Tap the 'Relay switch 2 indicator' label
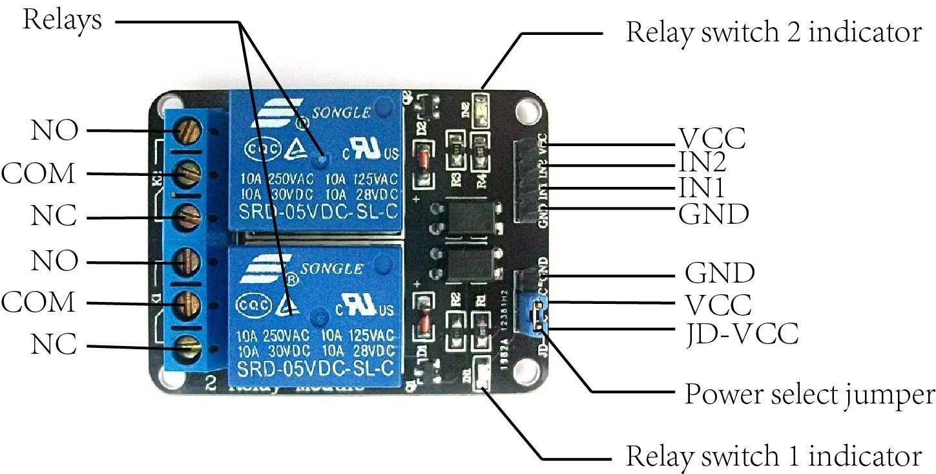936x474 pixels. [x=773, y=32]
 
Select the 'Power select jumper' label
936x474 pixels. [x=809, y=393]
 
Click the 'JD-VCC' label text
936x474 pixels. [x=742, y=334]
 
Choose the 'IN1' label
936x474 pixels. [x=702, y=188]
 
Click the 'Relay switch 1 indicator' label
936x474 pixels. [x=773, y=457]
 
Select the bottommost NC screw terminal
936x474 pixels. [x=189, y=348]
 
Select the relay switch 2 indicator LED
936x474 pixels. [x=481, y=103]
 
